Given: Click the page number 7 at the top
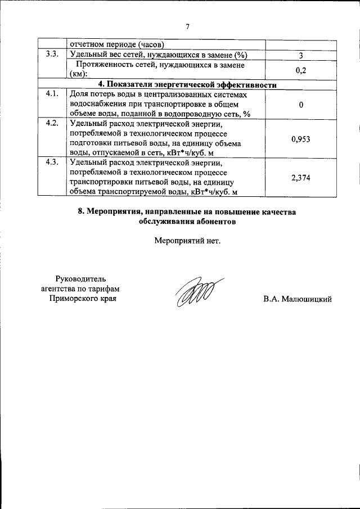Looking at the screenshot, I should point(188,25).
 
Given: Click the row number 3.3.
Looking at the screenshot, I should point(52,55).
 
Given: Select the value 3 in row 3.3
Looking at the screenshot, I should point(301,55).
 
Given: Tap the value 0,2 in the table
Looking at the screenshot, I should point(301,70).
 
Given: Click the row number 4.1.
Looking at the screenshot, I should point(52,94).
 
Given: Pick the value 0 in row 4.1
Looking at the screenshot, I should point(301,105).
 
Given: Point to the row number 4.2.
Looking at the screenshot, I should point(52,124).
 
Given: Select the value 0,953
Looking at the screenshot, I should point(301,138).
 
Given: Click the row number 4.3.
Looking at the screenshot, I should point(52,163).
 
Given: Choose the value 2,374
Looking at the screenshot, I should point(301,178).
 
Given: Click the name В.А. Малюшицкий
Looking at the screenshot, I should point(298,299).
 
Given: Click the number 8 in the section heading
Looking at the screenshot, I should point(80,212).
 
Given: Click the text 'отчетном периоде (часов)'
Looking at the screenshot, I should point(116,44).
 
